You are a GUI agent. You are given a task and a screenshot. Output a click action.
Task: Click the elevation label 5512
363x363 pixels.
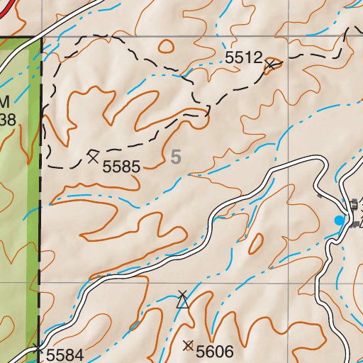coord(245,59)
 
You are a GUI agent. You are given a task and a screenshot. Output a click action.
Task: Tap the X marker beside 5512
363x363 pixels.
coord(269,66)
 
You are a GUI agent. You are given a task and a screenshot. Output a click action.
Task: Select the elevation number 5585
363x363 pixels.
coord(122,167)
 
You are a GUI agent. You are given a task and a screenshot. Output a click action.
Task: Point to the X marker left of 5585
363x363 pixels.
coord(93,156)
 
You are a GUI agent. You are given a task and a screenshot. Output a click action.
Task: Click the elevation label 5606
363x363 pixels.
coord(215,351)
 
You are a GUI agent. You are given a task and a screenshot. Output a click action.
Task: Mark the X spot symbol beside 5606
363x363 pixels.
coord(188,346)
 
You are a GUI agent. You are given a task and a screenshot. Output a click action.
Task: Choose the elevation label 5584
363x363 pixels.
coord(65,354)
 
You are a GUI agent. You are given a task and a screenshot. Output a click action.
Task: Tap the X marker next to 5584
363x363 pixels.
coord(37,347)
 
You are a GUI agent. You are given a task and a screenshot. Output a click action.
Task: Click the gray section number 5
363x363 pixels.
coord(176,157)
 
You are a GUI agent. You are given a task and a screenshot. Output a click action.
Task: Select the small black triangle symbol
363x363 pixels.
coord(183,303)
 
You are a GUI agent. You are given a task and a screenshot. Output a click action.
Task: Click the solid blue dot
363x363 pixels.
coord(339,221)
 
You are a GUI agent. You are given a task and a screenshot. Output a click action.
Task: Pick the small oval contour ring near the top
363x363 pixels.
coord(166,47)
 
